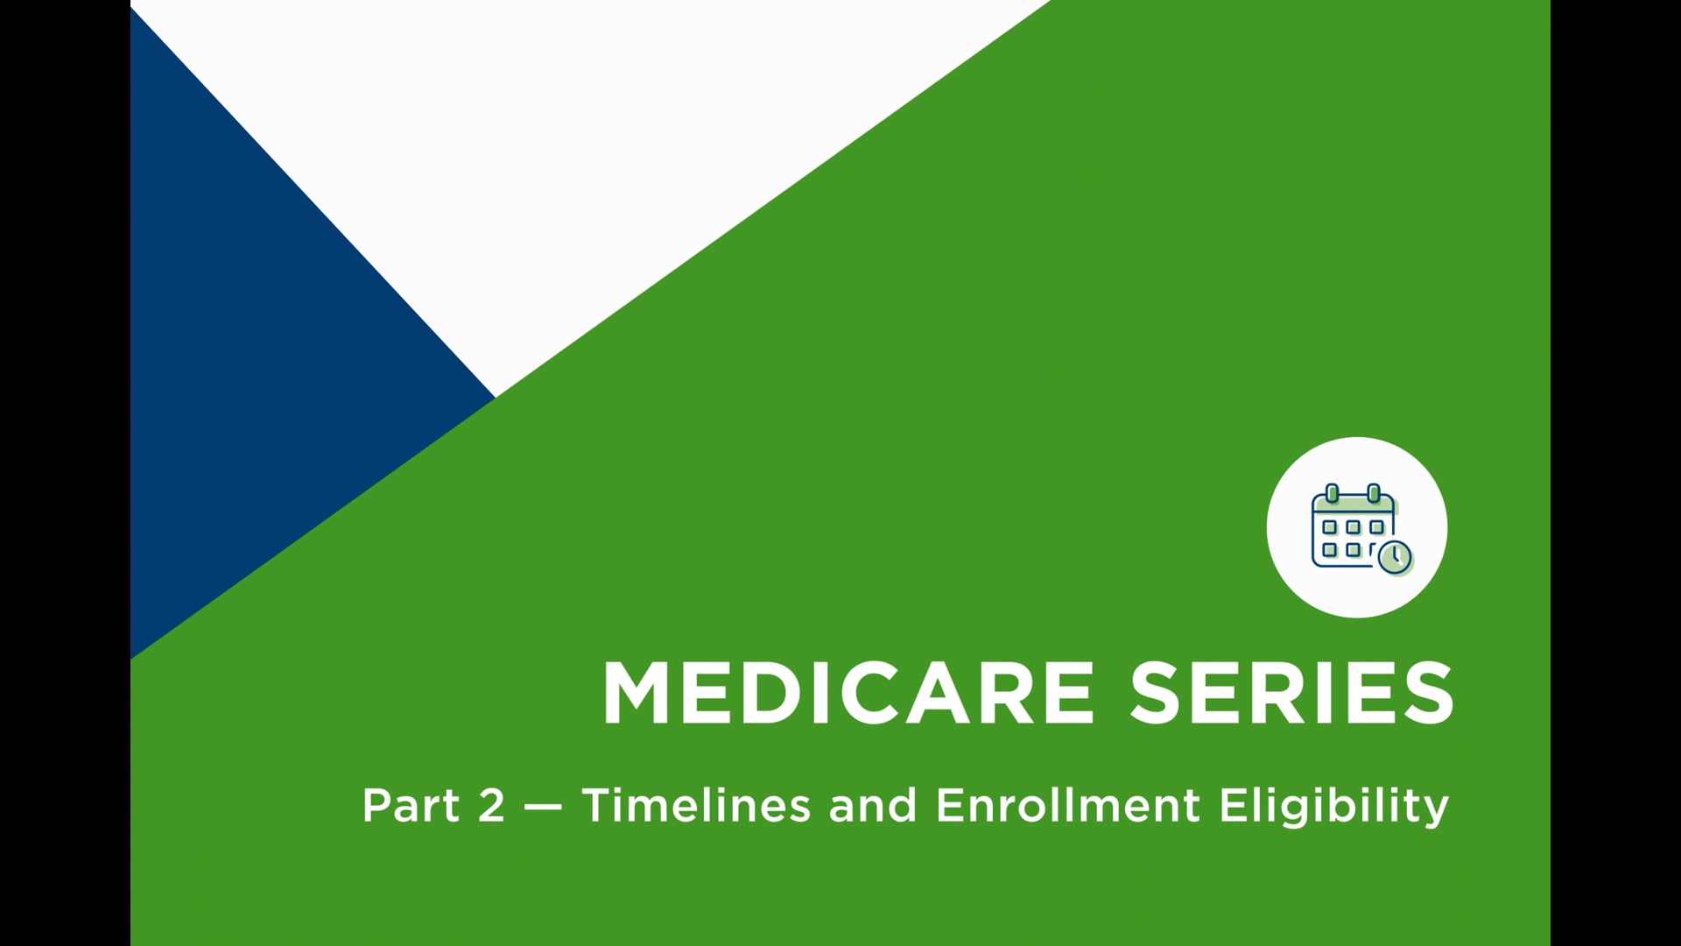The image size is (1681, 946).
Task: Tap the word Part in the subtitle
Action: tap(410, 805)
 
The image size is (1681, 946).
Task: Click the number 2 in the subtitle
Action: tap(492, 805)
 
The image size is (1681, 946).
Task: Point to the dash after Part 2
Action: tap(544, 806)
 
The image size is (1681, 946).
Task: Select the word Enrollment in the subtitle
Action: tap(1067, 805)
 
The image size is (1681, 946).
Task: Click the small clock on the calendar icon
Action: tap(1394, 556)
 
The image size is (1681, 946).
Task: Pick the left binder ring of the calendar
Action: tap(1333, 493)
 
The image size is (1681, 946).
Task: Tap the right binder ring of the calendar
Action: tap(1374, 493)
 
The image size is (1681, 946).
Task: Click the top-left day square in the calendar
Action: tap(1330, 527)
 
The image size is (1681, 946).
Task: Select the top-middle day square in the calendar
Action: tap(1354, 527)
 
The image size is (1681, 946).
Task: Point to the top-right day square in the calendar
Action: tap(1377, 527)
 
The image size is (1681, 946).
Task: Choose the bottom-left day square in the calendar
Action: tap(1330, 550)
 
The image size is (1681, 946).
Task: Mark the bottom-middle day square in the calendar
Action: tap(1354, 550)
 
